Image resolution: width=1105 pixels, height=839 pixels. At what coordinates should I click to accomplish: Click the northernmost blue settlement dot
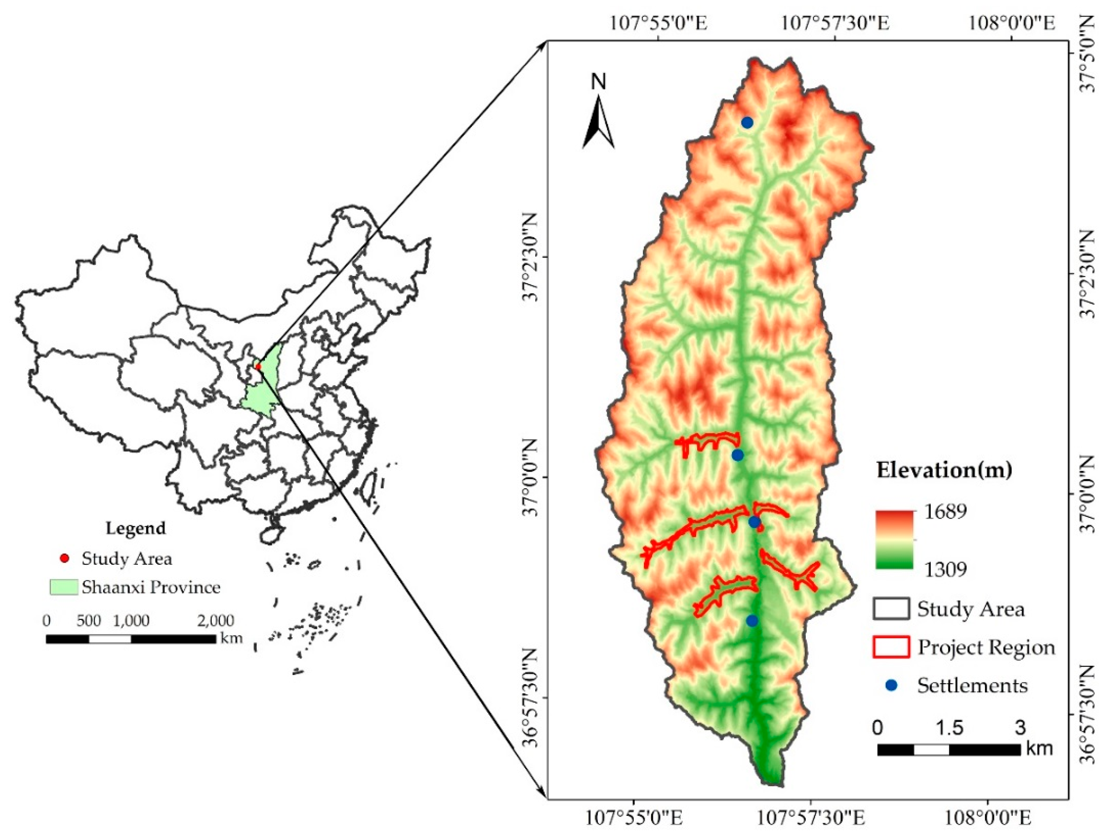pos(747,122)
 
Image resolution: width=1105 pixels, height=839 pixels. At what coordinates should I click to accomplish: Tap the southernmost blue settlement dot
pos(752,620)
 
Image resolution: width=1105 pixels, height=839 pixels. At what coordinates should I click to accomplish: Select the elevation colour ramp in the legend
pos(895,539)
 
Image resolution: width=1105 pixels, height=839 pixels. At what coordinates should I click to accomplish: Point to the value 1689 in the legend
pos(945,511)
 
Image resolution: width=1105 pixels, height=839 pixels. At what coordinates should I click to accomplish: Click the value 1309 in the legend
pos(945,569)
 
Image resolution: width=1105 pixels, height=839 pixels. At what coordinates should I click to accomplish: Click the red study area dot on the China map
pos(258,367)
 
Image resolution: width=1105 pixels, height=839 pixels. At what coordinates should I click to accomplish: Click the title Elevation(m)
pos(944,470)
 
